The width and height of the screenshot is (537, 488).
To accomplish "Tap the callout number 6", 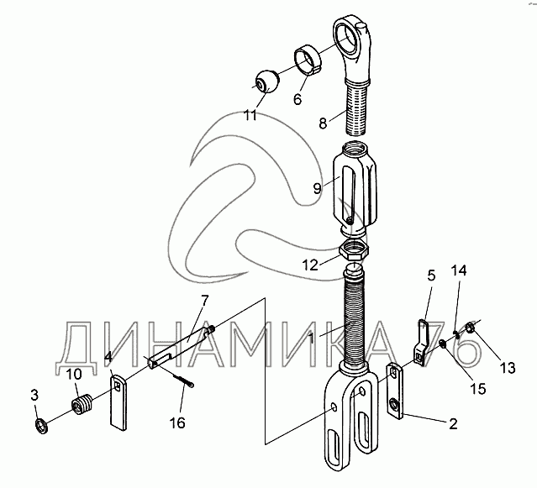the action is coord(296,98).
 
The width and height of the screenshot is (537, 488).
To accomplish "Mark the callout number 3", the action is coord(34,394).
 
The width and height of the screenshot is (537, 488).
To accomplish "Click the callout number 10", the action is coord(75,374).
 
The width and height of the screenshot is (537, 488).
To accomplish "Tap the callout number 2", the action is coord(452,424).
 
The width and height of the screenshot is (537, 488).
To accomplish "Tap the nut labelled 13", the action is coord(471,330).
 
